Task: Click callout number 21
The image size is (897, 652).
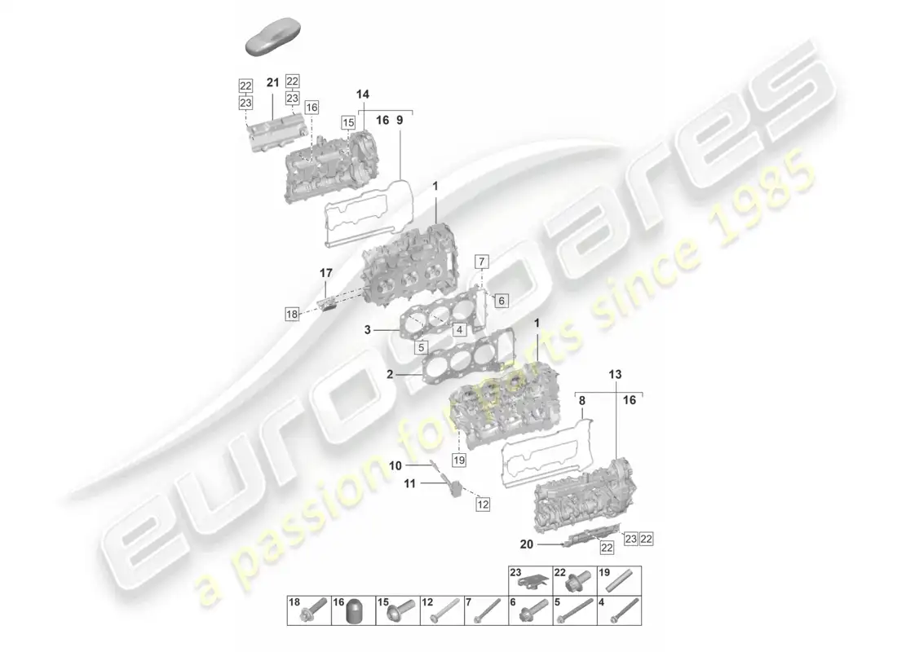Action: point(272,83)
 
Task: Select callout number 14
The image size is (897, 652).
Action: point(363,95)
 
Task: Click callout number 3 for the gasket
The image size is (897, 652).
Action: point(368,330)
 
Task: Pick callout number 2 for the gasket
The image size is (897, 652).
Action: point(391,375)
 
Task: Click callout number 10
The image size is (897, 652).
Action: point(395,465)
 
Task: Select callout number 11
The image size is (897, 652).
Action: point(410,484)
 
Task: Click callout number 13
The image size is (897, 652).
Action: point(613,374)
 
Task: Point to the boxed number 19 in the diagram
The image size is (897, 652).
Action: point(458,460)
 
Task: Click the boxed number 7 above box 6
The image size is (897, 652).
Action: point(482,262)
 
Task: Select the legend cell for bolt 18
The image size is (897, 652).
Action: point(308,611)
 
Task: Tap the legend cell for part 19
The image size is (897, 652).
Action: point(619,580)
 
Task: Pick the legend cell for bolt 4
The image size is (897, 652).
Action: point(619,611)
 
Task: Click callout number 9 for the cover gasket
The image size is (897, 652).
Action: point(400,120)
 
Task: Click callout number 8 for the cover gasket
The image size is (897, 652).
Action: point(581,400)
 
